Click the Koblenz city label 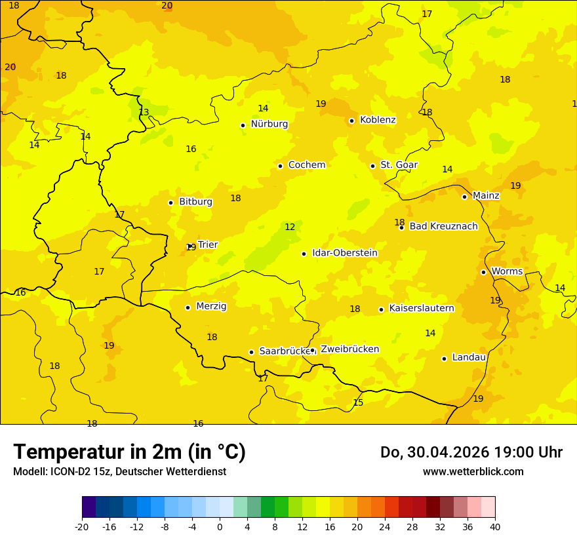point(378,120)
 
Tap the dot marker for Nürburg point(243,125)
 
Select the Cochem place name point(307,165)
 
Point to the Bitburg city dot point(170,203)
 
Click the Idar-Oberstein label point(345,253)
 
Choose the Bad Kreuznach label point(443,227)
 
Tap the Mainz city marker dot point(464,197)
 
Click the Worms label point(507,271)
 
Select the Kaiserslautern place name point(422,308)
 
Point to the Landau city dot point(444,359)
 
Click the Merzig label point(211,306)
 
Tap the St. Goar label point(399,165)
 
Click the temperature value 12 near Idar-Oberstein point(290,227)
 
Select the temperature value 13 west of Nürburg point(144,112)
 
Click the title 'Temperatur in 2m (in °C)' point(129,452)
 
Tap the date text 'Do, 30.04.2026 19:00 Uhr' point(471,452)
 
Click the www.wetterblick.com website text point(473,472)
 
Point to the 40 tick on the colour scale point(495,526)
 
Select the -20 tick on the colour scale point(82,526)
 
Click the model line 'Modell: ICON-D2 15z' point(119,472)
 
